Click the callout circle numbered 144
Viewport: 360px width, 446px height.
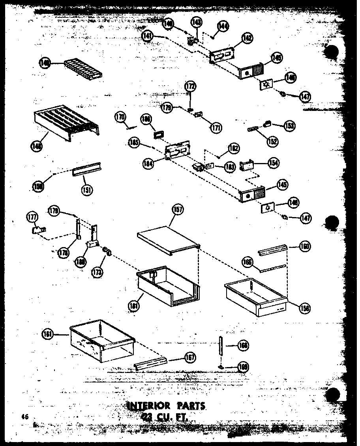223,26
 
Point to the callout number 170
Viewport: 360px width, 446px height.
120,117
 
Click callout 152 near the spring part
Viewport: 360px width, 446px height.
272,141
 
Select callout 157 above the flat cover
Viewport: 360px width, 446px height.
178,210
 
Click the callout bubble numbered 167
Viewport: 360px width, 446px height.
190,358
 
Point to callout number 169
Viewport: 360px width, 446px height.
244,368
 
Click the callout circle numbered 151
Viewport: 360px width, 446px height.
87,190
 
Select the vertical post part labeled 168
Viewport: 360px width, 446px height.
220,346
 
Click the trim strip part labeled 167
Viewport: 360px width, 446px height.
150,364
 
